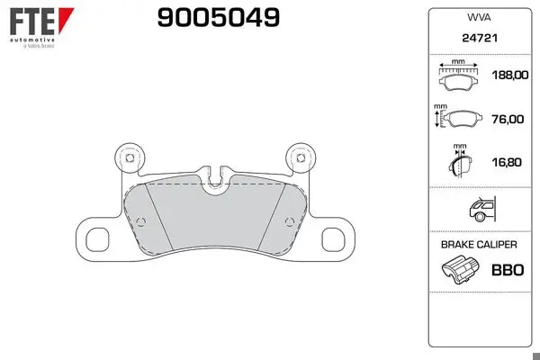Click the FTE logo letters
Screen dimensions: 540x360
coord(32,21)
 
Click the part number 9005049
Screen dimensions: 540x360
coord(219,18)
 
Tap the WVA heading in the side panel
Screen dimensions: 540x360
coord(479,17)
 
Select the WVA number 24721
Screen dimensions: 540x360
coord(480,38)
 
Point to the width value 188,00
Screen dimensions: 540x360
coord(510,75)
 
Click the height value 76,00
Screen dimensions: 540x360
coord(508,119)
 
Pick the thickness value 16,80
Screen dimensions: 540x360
coord(507,162)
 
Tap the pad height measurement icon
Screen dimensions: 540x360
coord(458,117)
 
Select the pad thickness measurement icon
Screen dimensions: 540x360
coord(460,161)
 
